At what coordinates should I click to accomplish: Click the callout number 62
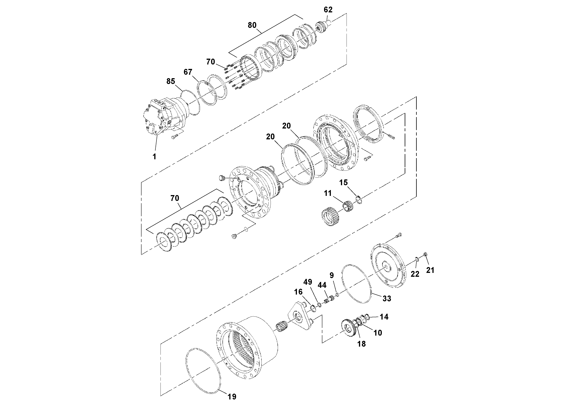point(328,10)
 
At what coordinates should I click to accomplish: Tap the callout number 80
point(252,25)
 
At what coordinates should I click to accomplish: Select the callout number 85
point(171,81)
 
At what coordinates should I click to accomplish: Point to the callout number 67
point(188,72)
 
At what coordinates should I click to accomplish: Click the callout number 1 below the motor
point(154,156)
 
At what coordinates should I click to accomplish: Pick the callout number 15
point(343,183)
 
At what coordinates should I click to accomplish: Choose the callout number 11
point(328,193)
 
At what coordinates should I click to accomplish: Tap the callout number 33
point(387,298)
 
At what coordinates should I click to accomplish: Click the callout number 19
point(232,397)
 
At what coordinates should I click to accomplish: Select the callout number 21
point(430,270)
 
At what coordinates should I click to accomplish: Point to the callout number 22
point(415,274)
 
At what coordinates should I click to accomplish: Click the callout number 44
point(322,285)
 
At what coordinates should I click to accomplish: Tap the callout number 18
point(361,344)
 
